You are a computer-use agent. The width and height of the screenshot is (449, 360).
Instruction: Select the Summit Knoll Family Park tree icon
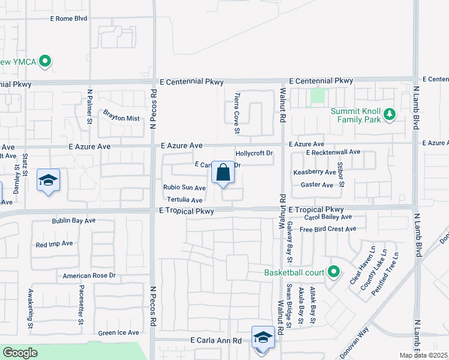point(389,113)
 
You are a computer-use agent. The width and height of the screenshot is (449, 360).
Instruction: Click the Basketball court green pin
point(333,273)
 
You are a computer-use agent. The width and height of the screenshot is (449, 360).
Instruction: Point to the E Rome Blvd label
point(68,19)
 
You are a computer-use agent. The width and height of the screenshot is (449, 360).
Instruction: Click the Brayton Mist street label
point(121,114)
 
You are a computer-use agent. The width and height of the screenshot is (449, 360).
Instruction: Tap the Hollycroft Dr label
point(254,153)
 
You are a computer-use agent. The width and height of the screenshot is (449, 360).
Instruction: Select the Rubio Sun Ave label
point(184,188)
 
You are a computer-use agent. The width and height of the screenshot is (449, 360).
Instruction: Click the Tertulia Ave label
point(184,200)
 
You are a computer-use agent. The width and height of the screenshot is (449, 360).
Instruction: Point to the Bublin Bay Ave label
point(73,221)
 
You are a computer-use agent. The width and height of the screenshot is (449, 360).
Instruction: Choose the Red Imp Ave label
point(54,244)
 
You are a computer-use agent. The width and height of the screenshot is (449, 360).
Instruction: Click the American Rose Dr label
point(89,276)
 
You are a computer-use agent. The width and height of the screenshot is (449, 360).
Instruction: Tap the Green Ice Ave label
point(118,332)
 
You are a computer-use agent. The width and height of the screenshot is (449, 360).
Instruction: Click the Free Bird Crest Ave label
point(328,229)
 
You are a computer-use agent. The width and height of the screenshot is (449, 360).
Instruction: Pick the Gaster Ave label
point(316,185)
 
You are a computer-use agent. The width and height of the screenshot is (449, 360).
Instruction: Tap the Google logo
point(20,353)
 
